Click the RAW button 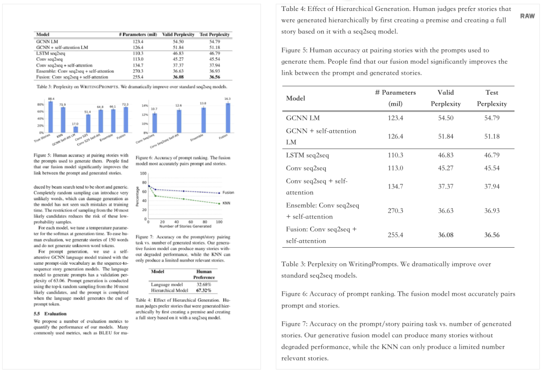click(x=527, y=16)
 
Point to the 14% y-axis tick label click(x=145, y=106)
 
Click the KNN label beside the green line click(x=226, y=203)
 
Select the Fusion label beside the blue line click(x=228, y=193)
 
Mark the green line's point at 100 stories click(x=219, y=203)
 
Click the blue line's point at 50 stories click(x=184, y=191)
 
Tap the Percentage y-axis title click(x=137, y=197)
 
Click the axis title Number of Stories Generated click(x=184, y=226)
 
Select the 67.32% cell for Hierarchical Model click(x=204, y=290)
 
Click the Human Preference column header click(x=204, y=274)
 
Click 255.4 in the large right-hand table click(x=395, y=235)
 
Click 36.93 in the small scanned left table click(x=214, y=71)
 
